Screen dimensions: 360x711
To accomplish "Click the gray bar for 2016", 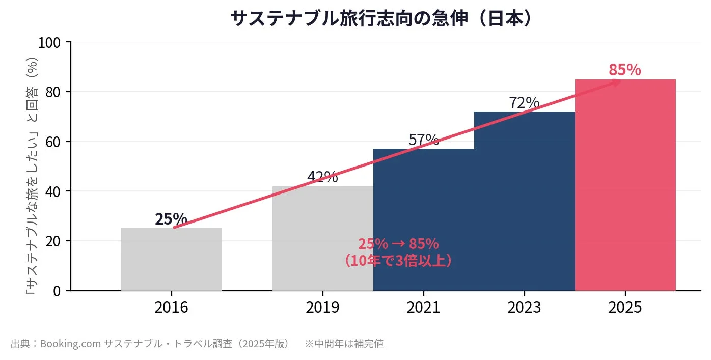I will [x=171, y=260].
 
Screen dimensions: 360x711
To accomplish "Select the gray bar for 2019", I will [x=322, y=239].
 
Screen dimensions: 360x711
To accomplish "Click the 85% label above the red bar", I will [x=624, y=70].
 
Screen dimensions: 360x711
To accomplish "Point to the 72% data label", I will [x=524, y=103].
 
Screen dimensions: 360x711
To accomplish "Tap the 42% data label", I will [x=322, y=177].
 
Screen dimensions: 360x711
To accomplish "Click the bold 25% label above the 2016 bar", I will [x=171, y=219].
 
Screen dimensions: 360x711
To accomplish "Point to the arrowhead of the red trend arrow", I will [x=617, y=82].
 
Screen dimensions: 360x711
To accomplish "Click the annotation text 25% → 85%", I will [x=398, y=244].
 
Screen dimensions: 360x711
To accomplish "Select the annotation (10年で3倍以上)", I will [x=398, y=261].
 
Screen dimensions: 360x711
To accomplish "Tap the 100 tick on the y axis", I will [x=49, y=43].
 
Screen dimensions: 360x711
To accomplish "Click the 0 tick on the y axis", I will [x=57, y=291].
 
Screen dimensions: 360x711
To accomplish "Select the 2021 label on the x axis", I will [x=423, y=308].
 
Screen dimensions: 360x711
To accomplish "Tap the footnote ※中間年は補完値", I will [x=344, y=344].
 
